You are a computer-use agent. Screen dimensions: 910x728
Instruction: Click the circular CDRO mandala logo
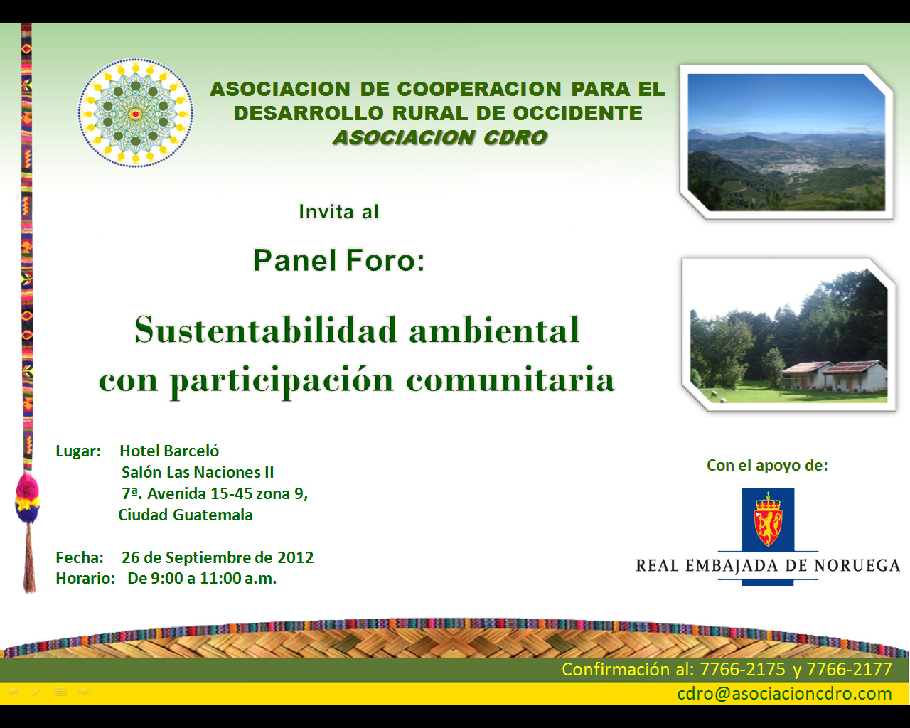pyautogui.click(x=135, y=113)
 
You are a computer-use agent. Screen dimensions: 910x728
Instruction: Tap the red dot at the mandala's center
pyautogui.click(x=135, y=114)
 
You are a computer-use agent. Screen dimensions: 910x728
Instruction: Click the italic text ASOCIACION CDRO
pyautogui.click(x=440, y=137)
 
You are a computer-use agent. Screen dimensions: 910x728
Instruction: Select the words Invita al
pyautogui.click(x=338, y=212)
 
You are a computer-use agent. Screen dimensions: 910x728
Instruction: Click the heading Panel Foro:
pyautogui.click(x=338, y=260)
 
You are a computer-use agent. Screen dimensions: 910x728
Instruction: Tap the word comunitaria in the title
pyautogui.click(x=510, y=380)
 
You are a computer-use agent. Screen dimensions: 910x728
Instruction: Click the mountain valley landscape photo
pyautogui.click(x=786, y=142)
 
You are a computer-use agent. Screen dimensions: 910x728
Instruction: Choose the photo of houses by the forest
pyautogui.click(x=788, y=335)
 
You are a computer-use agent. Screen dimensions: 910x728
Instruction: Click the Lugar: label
pyautogui.click(x=78, y=451)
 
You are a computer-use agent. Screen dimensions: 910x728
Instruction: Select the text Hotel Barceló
pyautogui.click(x=169, y=451)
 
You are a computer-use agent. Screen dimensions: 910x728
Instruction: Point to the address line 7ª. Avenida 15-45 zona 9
pyautogui.click(x=215, y=493)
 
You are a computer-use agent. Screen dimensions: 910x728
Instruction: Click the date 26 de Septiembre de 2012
pyautogui.click(x=218, y=557)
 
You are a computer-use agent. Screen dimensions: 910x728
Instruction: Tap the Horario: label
pyautogui.click(x=85, y=578)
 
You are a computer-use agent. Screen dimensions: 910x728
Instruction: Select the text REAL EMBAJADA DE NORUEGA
pyautogui.click(x=768, y=565)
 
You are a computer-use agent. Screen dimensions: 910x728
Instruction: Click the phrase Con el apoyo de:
pyautogui.click(x=767, y=466)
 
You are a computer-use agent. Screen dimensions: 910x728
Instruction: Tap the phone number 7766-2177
pyautogui.click(x=849, y=669)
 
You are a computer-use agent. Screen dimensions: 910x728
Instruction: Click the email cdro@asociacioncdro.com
pyautogui.click(x=784, y=694)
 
